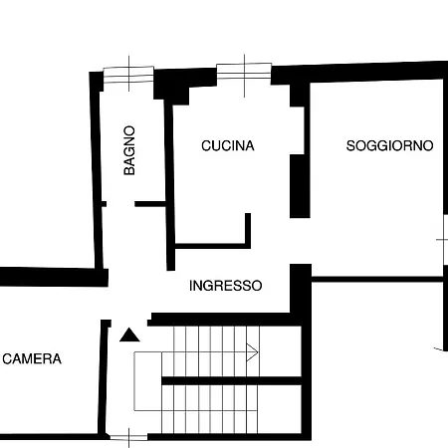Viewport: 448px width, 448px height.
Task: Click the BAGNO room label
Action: pos(129,150)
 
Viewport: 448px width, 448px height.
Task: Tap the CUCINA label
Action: pos(228,145)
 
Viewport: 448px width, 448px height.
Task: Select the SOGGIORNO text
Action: pos(389,145)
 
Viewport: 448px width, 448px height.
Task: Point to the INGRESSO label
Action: pos(226,286)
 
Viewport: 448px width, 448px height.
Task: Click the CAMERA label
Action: pos(32,358)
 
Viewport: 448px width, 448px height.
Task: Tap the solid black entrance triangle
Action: pos(129,335)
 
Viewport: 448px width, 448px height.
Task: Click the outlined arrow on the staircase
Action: pos(252,352)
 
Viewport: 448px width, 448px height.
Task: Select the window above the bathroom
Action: pos(128,75)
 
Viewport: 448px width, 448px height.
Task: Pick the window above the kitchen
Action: pos(244,71)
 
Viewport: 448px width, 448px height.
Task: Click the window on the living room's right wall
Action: pos(445,240)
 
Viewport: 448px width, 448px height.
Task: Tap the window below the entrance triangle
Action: pos(128,438)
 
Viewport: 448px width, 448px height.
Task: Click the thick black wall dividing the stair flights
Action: pos(231,380)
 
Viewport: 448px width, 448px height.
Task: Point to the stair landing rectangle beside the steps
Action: pos(147,381)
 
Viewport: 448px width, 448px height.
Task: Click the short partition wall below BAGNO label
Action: pos(150,204)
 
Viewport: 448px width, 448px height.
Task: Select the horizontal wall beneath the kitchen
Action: pos(213,246)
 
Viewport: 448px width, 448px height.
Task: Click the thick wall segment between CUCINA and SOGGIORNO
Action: pos(300,186)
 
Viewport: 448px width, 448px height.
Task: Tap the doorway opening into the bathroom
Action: pos(120,204)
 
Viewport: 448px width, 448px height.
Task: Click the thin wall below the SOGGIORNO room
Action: pos(377,279)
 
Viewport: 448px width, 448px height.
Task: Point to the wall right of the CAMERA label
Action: pos(104,377)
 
